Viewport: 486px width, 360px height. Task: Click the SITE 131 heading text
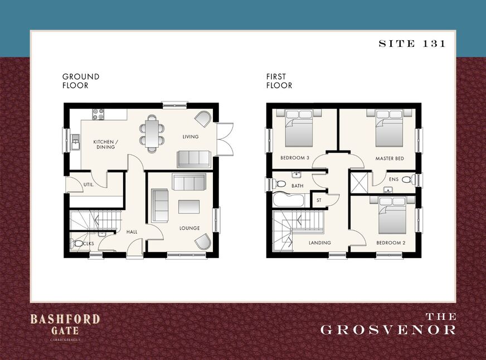click(412, 43)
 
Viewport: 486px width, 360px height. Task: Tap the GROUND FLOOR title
click(81, 81)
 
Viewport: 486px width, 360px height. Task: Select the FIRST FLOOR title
click(279, 81)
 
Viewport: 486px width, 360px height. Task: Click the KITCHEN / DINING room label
click(106, 144)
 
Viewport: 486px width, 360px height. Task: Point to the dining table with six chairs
click(152, 134)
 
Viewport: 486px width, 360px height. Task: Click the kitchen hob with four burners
click(98, 114)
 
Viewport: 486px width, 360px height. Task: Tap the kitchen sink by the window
click(75, 142)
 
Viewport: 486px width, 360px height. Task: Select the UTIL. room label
click(89, 184)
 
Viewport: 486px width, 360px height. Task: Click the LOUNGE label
click(189, 228)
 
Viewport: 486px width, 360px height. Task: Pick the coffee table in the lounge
click(189, 207)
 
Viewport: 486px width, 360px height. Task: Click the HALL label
click(132, 232)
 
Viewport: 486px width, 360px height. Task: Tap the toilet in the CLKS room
click(77, 244)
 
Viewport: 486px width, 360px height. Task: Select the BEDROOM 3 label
click(295, 158)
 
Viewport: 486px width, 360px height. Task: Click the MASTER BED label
click(390, 159)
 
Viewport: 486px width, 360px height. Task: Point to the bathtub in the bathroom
click(289, 200)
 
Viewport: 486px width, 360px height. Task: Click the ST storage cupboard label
click(319, 201)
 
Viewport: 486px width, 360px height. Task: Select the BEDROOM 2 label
click(391, 243)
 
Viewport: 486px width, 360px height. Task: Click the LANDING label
click(320, 243)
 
